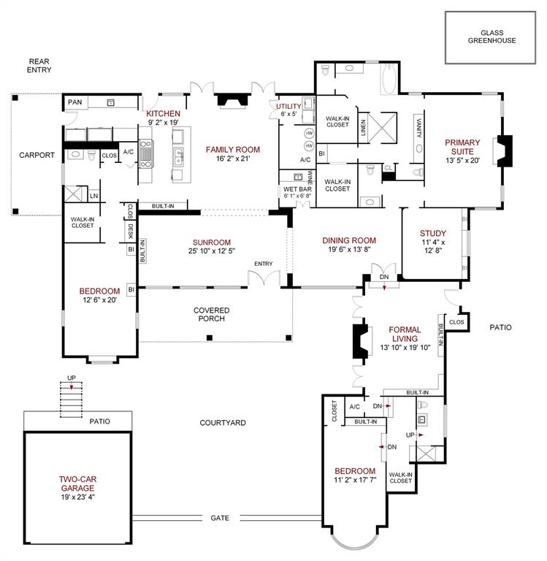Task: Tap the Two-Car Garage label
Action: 78,485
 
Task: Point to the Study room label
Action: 432,239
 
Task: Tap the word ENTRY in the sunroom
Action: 263,264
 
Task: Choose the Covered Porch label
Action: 212,315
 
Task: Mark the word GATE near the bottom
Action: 220,518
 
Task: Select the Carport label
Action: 37,155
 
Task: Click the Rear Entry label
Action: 37,66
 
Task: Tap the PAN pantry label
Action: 74,102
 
